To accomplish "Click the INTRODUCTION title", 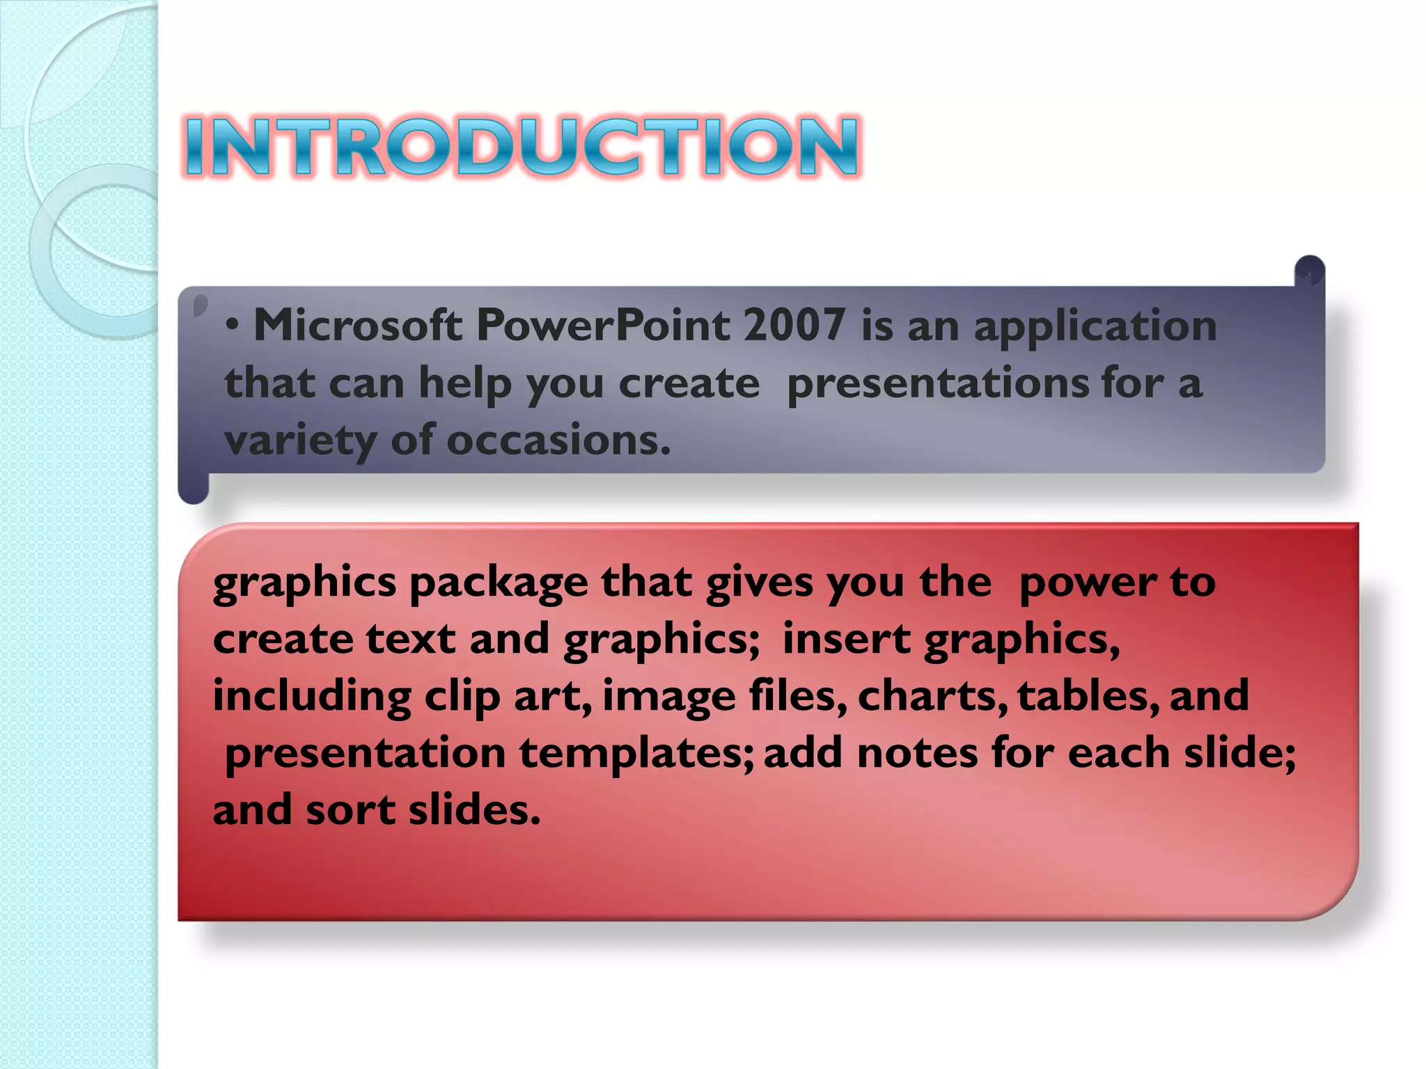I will click(522, 146).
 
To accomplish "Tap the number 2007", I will click(794, 325).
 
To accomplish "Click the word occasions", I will click(558, 441).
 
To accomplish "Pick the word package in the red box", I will click(498, 583).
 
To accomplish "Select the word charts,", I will click(932, 696).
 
